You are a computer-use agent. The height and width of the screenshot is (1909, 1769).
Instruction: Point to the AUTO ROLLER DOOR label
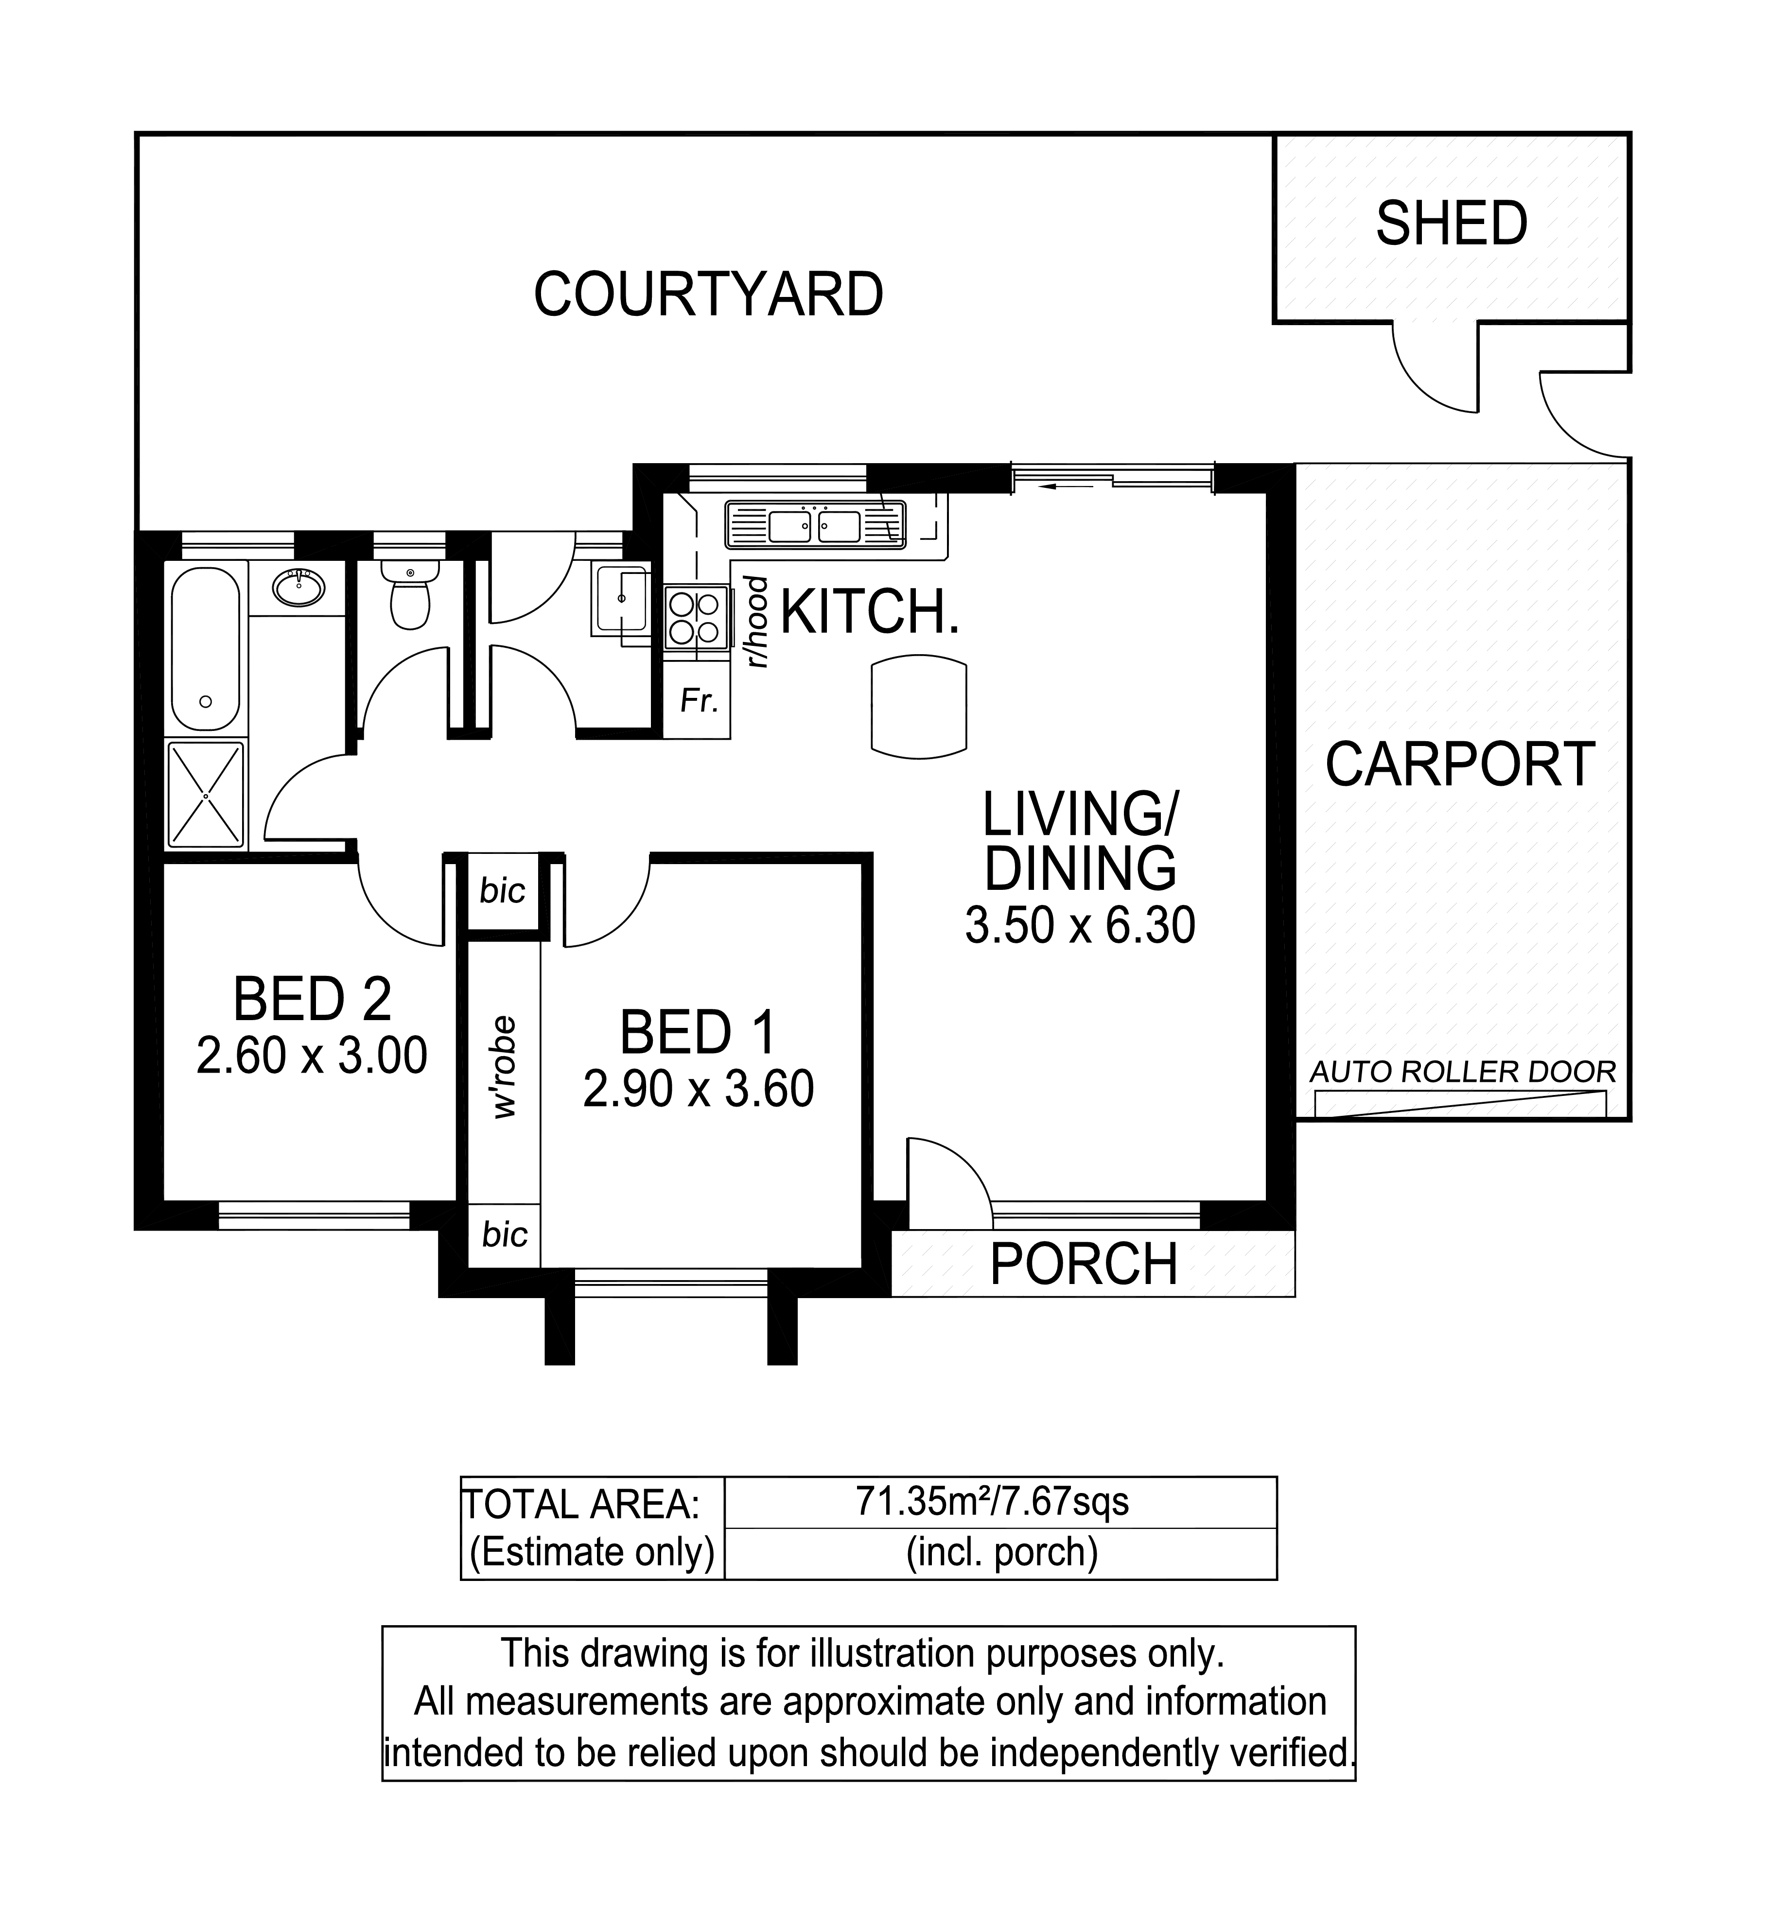pyautogui.click(x=1463, y=1072)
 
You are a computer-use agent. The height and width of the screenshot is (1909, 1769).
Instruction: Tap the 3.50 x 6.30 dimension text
pyautogui.click(x=1080, y=925)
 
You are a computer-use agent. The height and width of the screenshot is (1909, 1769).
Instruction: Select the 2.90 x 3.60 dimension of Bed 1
pyautogui.click(x=698, y=1089)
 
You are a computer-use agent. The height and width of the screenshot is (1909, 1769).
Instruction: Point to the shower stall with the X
pyautogui.click(x=206, y=794)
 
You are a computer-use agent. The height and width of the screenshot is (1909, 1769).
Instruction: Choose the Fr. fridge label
pyautogui.click(x=699, y=701)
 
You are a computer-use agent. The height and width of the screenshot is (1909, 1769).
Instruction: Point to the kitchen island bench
pyautogui.click(x=919, y=706)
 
